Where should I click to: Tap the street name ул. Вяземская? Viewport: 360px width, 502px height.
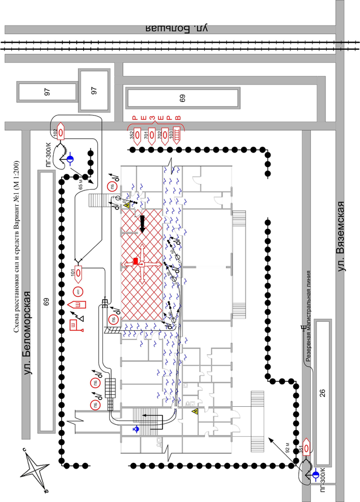coord(341,236)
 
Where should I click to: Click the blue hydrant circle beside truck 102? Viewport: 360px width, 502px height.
coord(70,160)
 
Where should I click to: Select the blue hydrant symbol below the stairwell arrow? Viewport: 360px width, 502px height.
coord(135,429)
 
